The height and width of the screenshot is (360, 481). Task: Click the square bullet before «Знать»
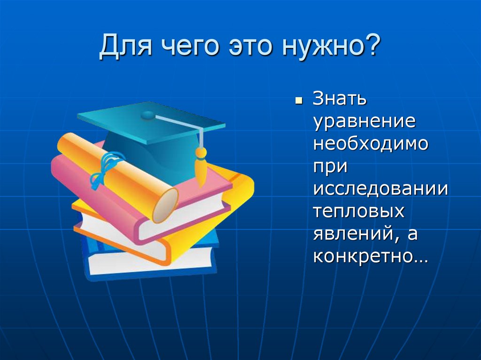click(x=298, y=101)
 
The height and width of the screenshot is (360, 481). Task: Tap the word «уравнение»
click(x=365, y=122)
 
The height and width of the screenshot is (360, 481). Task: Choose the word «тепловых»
click(x=359, y=212)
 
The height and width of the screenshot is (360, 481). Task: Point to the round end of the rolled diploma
click(x=164, y=205)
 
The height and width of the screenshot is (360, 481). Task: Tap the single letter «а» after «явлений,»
click(x=412, y=234)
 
